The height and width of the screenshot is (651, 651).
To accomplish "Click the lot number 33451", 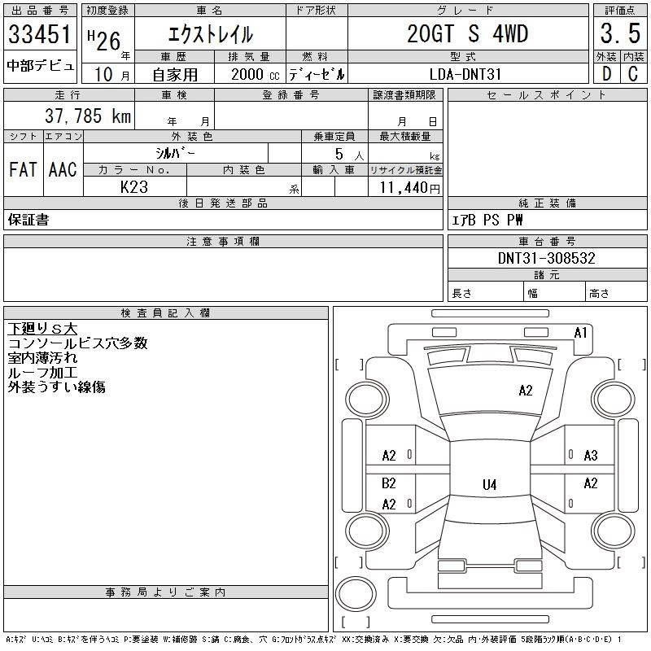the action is tap(38, 35).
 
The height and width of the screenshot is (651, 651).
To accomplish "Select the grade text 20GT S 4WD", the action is tap(467, 34).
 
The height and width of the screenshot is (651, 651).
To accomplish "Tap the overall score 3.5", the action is tap(619, 34).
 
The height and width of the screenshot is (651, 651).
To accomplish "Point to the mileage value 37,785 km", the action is tap(81, 116).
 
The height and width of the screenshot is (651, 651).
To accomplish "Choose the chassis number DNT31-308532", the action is tap(547, 258).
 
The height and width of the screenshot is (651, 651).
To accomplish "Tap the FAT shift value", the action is tap(23, 169).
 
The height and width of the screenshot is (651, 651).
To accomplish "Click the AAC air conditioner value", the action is tap(63, 169).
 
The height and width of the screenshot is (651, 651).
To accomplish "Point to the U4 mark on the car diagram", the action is tap(489, 485).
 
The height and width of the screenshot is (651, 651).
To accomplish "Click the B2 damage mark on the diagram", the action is tap(389, 483).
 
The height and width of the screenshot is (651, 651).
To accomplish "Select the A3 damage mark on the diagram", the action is tap(591, 456).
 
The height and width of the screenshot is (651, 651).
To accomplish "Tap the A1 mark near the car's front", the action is tap(581, 333).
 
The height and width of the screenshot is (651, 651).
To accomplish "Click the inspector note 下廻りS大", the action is tap(42, 329).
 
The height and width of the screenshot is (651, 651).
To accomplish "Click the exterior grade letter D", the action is tap(606, 74).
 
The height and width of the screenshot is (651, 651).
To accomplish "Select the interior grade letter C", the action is tap(632, 74).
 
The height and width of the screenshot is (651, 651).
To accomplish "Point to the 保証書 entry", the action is tap(28, 220).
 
